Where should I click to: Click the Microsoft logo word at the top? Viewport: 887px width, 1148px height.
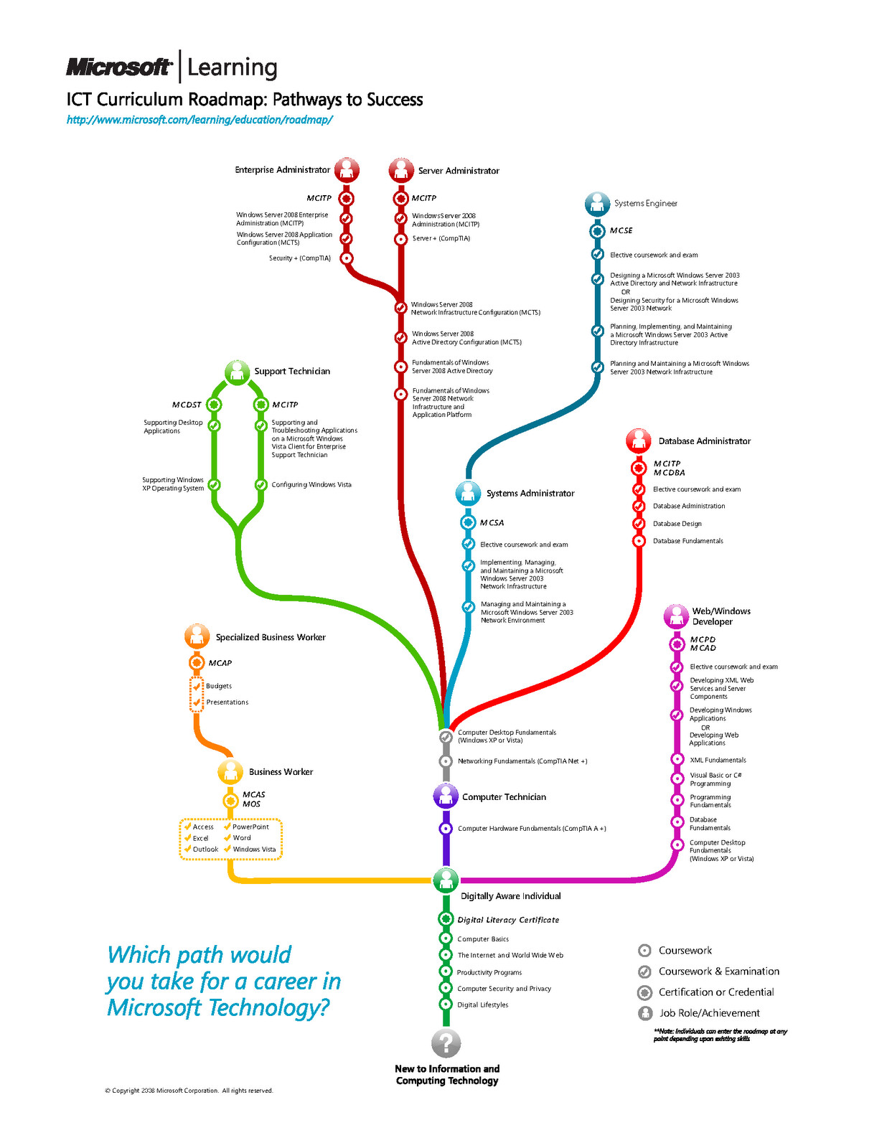[119, 67]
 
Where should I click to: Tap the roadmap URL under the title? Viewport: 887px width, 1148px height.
[200, 120]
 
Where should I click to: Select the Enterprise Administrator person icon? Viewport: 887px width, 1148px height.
[347, 169]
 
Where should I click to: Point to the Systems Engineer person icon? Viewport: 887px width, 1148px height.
[598, 204]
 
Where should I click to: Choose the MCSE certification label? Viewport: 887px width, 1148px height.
[621, 231]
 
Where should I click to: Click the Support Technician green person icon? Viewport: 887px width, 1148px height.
[238, 372]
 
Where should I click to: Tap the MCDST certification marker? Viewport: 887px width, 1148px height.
[214, 405]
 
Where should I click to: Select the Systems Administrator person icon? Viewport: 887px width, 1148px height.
[468, 494]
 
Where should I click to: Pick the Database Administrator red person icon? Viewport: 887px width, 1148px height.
[639, 441]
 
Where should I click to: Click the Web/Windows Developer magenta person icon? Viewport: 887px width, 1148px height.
[677, 616]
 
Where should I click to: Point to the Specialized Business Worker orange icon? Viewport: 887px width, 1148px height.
[197, 636]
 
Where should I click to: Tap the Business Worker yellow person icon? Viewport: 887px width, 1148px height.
[230, 772]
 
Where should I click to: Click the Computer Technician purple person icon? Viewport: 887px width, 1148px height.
[446, 796]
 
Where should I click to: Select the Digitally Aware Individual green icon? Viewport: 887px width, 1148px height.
[446, 880]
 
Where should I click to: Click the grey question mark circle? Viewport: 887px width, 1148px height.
[446, 1043]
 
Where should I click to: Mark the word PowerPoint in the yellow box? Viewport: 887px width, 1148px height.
[250, 827]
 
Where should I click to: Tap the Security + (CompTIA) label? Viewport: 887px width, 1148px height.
[299, 258]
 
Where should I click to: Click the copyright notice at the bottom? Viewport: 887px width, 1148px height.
[189, 1091]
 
